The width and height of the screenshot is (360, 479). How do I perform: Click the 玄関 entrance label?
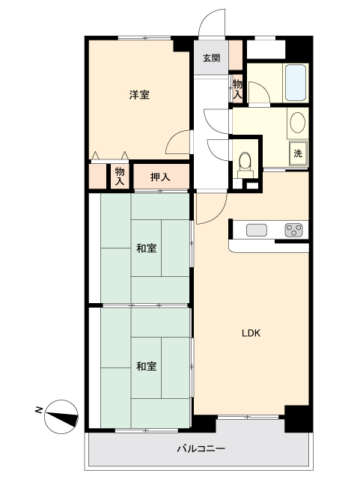point(212,58)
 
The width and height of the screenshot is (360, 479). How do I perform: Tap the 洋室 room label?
point(139,95)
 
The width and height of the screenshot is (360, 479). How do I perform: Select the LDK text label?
point(251,333)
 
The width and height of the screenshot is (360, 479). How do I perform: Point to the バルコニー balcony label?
point(201,448)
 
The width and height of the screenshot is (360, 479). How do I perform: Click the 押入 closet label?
point(160,177)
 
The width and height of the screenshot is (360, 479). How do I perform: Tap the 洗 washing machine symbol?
point(298,153)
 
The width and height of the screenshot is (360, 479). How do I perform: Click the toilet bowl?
point(245,161)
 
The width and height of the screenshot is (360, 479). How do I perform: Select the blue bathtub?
point(296,82)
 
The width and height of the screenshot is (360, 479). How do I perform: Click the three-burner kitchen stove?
point(293,230)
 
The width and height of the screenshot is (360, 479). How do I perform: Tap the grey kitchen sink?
point(257,230)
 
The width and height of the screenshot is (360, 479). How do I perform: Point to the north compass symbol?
point(61,416)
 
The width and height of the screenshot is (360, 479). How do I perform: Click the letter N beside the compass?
point(38,410)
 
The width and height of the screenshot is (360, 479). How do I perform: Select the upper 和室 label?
point(147,248)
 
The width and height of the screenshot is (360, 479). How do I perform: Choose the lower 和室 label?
point(147,366)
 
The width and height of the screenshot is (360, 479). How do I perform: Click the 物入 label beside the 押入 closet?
point(120,177)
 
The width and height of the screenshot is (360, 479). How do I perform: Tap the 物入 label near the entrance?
point(237,88)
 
